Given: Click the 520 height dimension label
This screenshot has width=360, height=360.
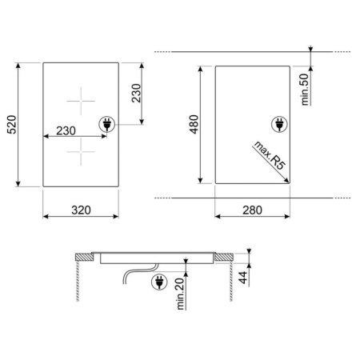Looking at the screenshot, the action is click(x=12, y=125).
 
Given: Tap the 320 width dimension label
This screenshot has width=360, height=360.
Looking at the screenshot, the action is click(x=81, y=210).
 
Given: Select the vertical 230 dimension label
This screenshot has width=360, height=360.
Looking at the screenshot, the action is click(x=136, y=93).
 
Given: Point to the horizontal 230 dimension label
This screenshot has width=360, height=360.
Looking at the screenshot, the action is click(x=66, y=130).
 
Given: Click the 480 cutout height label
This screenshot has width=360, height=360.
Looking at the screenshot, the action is click(x=194, y=124).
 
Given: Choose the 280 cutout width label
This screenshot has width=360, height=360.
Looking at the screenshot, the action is click(x=252, y=210).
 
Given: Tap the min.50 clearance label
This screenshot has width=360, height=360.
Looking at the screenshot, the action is click(x=304, y=90).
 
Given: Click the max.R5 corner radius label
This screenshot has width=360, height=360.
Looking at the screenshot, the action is click(x=270, y=155).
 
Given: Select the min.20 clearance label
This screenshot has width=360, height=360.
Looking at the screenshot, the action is click(x=180, y=294).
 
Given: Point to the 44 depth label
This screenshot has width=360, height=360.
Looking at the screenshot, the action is click(x=243, y=278).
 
